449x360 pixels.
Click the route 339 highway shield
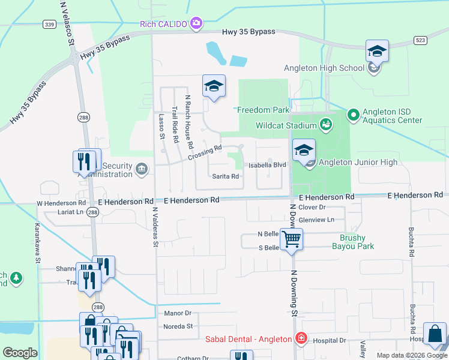coord(50,24)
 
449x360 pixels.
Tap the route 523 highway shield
coord(421,40)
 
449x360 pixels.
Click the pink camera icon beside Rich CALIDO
coord(196,24)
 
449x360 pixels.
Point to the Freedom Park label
coord(264,110)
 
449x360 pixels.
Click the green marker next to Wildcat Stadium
coord(326,125)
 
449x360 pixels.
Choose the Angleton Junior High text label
coord(358,163)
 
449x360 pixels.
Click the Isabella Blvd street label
coord(268,165)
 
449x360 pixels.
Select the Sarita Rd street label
coord(226,176)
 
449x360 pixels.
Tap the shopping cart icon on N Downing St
coord(292,239)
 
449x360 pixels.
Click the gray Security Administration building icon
coord(142,168)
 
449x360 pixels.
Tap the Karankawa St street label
coord(37,244)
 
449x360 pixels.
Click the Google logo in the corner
coord(20,352)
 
